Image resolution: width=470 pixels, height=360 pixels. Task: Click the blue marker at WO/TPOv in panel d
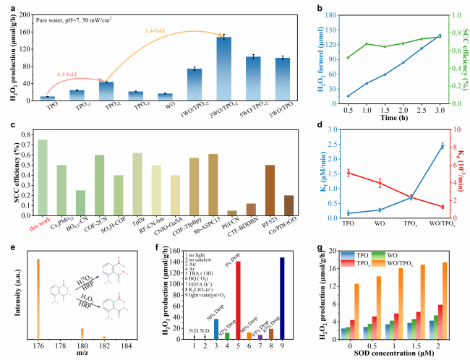pyautogui.click(x=441, y=146)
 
